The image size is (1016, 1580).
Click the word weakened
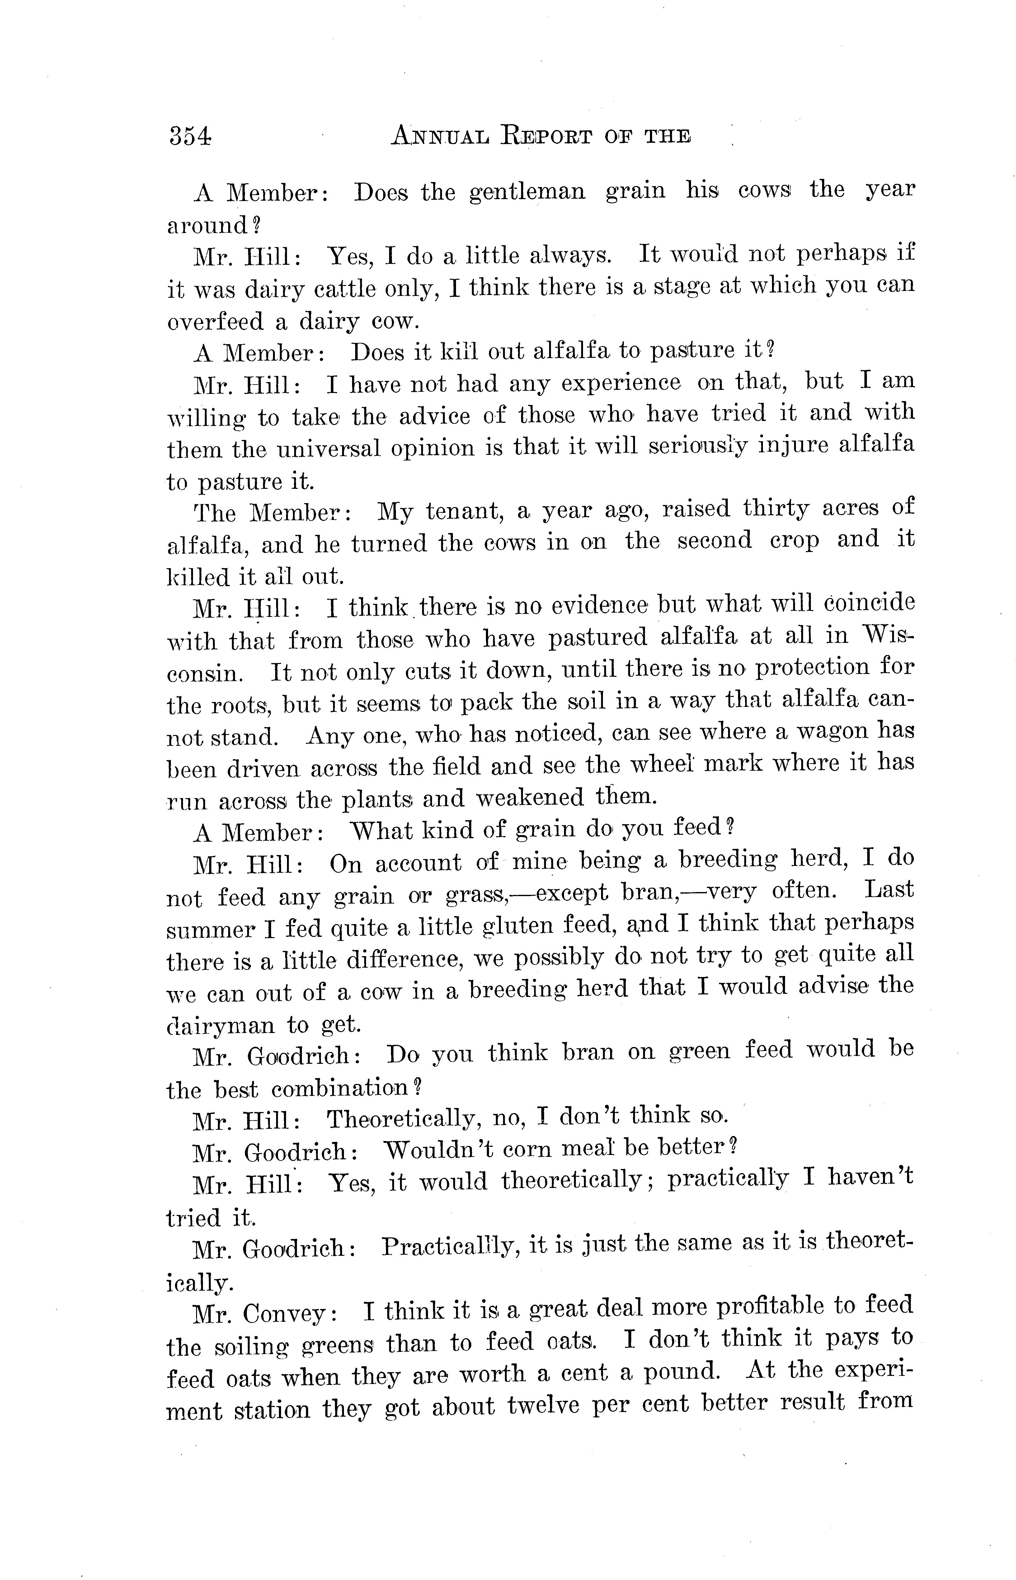click(530, 798)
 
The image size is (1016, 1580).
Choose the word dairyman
click(220, 1026)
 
